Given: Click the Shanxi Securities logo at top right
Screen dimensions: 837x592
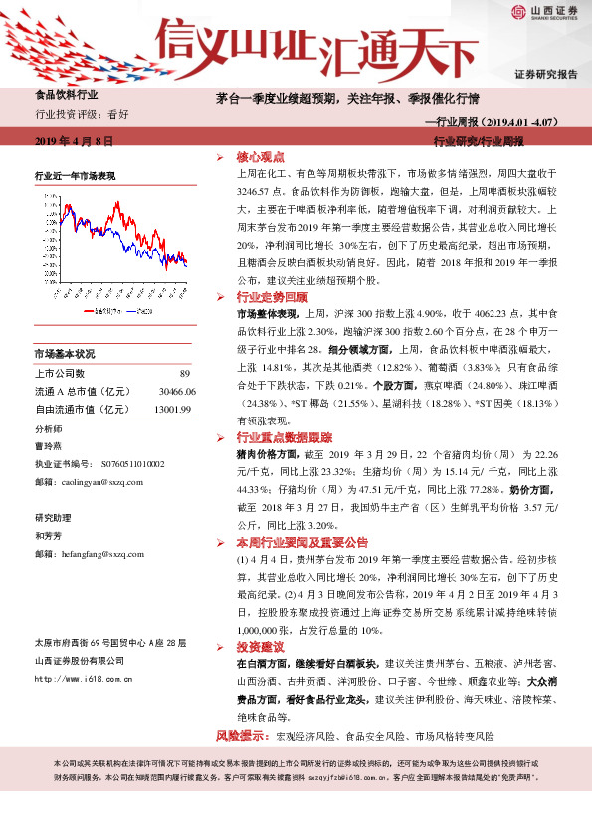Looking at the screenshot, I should click(544, 12).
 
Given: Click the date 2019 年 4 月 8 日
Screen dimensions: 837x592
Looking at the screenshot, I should click(74, 142).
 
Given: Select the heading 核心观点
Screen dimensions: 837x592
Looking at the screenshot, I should click(260, 157).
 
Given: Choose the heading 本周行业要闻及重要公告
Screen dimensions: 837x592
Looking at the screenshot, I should click(301, 543).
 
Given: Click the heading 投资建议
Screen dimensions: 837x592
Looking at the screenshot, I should click(260, 645).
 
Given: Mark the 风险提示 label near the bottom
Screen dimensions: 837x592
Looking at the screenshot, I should click(240, 736).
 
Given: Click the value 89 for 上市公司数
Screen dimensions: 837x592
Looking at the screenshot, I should click(184, 373).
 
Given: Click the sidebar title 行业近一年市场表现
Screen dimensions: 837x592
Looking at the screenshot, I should click(75, 176).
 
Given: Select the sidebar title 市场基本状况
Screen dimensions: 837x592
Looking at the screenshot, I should click(65, 354).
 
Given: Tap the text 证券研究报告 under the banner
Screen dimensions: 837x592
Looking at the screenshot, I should click(544, 75).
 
